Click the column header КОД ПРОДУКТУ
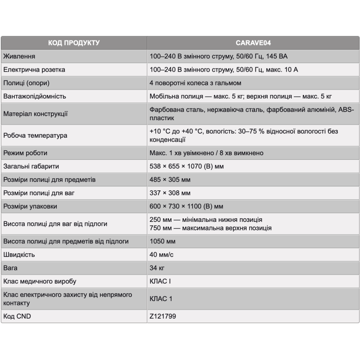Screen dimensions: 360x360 (x=74, y=43)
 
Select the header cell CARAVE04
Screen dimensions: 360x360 (x=253, y=43)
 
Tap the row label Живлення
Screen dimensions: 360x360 (x=19, y=57)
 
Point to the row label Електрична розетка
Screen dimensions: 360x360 (x=34, y=70)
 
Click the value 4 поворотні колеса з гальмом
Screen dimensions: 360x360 (x=195, y=83)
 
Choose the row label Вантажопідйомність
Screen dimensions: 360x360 (x=35, y=96)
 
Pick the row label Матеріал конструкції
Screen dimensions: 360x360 (x=36, y=114)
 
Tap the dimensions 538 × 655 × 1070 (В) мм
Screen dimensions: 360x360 (x=186, y=166)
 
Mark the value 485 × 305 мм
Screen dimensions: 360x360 (x=170, y=180)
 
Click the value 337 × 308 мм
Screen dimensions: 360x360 (x=170, y=193)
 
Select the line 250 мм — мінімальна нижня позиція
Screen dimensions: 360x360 (x=206, y=220)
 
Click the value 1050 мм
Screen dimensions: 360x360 (x=162, y=241)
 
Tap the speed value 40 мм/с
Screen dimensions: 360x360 (x=162, y=255)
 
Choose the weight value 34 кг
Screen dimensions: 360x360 (x=157, y=268)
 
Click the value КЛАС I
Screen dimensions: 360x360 (x=160, y=281)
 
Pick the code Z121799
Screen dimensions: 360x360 (x=162, y=316)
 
